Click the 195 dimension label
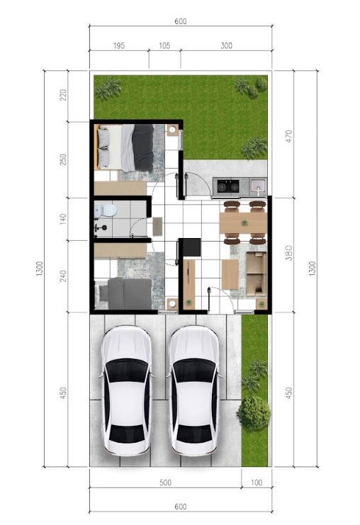[x=119, y=45]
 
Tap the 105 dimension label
[x=164, y=45]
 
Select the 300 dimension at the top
[x=226, y=45]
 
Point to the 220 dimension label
[x=63, y=95]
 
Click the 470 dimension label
[x=288, y=136]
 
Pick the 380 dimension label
[x=288, y=253]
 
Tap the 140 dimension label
[x=63, y=219]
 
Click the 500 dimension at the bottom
[x=165, y=482]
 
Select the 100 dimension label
[x=257, y=482]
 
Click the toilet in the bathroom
[x=106, y=210]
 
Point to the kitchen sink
[x=259, y=186]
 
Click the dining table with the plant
[x=243, y=222]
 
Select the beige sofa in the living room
[x=257, y=274]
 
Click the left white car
[x=126, y=390]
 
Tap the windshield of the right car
[x=195, y=370]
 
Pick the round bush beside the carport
[x=254, y=413]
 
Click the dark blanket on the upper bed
[x=142, y=147]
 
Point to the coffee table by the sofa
[x=230, y=274]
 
